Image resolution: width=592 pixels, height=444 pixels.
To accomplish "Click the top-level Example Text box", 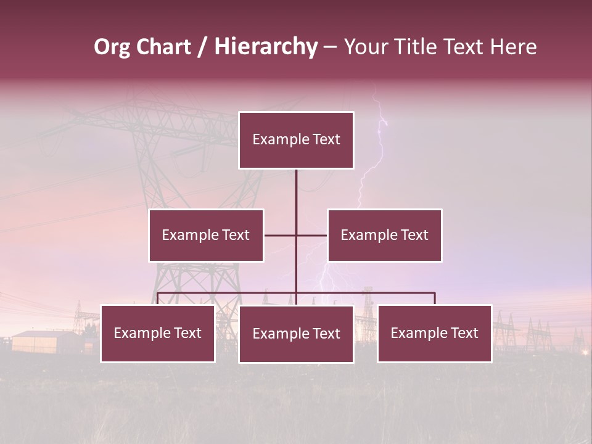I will point(296,140).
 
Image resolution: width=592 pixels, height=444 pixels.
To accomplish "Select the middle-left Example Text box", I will point(205,235).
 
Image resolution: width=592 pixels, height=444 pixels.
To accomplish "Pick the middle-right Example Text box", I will point(384,235).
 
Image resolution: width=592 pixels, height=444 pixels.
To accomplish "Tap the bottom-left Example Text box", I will point(157,333).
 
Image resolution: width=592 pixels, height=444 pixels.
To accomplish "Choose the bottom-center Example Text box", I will point(296,334).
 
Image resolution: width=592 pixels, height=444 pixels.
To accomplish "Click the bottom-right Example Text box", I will point(434,333).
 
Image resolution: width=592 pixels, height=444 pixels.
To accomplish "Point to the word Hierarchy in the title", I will point(265,47).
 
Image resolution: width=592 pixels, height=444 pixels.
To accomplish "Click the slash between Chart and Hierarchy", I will point(202,47).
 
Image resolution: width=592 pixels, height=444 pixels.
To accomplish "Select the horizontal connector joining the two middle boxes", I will point(281,235).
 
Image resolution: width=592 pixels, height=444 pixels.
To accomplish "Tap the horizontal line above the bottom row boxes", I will point(370,293).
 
